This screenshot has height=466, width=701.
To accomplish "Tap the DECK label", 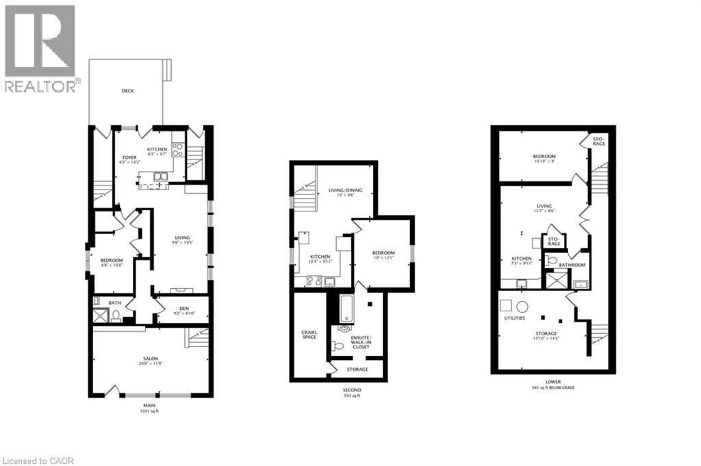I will [127, 91].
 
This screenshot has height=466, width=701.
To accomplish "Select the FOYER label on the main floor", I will [129, 157].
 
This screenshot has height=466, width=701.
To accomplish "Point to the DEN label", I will [183, 308].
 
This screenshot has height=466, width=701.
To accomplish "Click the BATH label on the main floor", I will [114, 302].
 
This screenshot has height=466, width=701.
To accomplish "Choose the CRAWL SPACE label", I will [309, 335].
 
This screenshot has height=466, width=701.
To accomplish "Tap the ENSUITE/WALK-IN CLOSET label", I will [361, 342].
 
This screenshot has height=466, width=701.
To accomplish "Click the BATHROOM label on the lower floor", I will [572, 265].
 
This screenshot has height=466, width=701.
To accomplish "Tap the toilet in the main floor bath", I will [117, 315].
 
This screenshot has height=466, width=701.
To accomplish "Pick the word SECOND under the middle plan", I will [353, 390].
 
